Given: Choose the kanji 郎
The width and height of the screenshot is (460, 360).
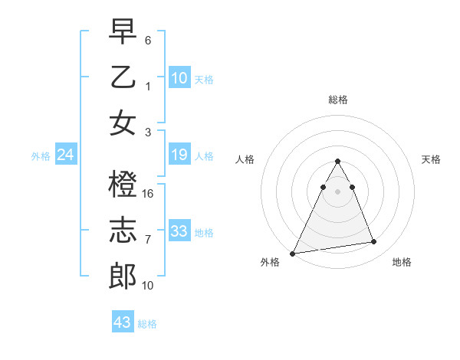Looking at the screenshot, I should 123,275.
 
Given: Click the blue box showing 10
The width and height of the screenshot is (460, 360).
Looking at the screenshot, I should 179,77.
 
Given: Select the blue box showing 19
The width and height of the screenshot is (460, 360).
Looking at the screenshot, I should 179,155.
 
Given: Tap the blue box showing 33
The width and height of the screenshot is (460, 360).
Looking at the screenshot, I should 179,231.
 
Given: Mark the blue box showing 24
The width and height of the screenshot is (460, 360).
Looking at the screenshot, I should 65,155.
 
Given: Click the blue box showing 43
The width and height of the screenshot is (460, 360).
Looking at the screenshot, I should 122,322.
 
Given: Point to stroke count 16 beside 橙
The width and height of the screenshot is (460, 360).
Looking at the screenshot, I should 149,193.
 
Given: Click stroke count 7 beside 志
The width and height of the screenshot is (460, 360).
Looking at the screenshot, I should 148,239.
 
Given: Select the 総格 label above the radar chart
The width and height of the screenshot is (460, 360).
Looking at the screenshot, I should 337,100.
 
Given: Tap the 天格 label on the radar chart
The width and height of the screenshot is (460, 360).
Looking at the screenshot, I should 432,159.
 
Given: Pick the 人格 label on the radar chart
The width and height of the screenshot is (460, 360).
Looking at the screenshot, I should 245,159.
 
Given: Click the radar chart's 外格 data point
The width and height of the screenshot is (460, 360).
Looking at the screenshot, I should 292,253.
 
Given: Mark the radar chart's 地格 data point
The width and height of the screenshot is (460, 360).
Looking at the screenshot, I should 373,242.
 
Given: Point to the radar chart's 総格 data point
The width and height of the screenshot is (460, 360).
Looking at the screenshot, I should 337,161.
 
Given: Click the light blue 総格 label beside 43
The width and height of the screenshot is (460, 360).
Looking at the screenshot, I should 147,324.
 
